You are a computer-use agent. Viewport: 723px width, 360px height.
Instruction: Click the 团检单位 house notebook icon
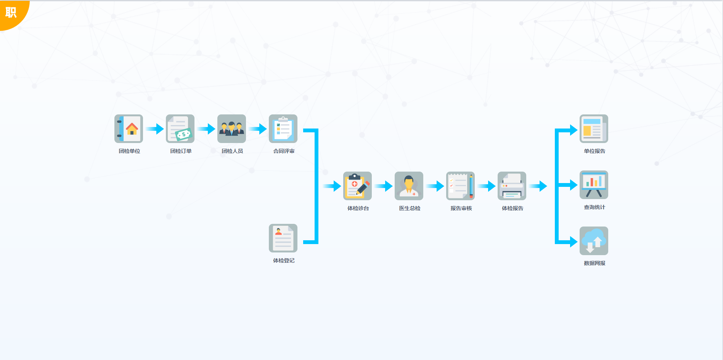pyautogui.click(x=129, y=129)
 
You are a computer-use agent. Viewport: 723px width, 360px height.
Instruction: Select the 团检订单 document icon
pyautogui.click(x=180, y=129)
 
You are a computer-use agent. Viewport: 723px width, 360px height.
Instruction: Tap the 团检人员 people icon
pyautogui.click(x=231, y=129)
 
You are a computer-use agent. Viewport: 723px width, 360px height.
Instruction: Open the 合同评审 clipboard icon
pyautogui.click(x=283, y=129)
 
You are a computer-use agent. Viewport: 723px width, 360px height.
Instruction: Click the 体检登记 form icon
pyautogui.click(x=283, y=238)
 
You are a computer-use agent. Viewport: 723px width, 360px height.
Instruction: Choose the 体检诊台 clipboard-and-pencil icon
pyautogui.click(x=357, y=186)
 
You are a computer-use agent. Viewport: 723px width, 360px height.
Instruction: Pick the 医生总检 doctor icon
pyautogui.click(x=409, y=186)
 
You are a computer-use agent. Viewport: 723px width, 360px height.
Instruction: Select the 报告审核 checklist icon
pyautogui.click(x=460, y=186)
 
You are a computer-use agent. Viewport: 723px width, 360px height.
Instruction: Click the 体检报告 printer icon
pyautogui.click(x=512, y=186)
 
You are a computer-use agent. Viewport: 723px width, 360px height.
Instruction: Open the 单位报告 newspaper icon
pyautogui.click(x=594, y=129)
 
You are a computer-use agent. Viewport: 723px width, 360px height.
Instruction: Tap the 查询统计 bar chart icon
pyautogui.click(x=594, y=185)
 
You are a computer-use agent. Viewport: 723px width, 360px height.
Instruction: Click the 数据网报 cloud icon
pyautogui.click(x=594, y=241)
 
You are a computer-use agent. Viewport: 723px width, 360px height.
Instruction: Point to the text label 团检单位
pyautogui.click(x=129, y=151)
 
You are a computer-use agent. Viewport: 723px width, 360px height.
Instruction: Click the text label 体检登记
pyautogui.click(x=284, y=260)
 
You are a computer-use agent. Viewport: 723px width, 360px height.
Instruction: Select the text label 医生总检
pyautogui.click(x=410, y=208)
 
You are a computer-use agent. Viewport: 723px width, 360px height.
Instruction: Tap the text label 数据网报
pyautogui.click(x=594, y=263)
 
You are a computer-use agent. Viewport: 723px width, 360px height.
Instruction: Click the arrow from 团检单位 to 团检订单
pyautogui.click(x=154, y=129)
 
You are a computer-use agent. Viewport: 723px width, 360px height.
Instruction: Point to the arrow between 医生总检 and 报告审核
pyautogui.click(x=435, y=186)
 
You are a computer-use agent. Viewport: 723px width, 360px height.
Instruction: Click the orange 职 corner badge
pyautogui.click(x=11, y=12)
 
